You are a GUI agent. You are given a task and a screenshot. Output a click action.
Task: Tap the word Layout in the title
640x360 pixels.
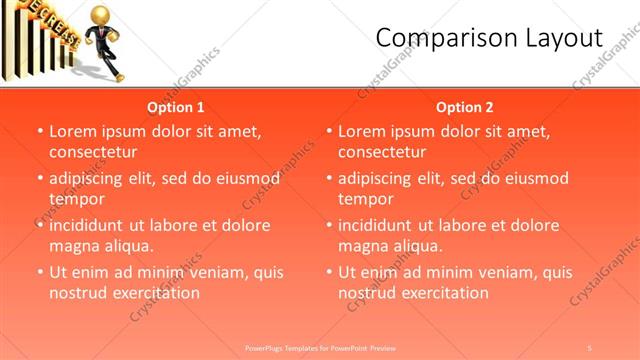[562, 38]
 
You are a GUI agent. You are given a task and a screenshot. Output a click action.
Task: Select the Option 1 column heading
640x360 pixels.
[176, 107]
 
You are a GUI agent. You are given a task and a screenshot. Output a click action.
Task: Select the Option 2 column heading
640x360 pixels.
[465, 107]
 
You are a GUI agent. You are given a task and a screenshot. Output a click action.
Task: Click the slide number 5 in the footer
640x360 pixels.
[590, 347]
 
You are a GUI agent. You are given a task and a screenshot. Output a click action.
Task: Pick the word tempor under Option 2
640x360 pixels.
[365, 199]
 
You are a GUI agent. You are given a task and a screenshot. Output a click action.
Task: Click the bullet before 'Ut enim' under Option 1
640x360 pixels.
[40, 272]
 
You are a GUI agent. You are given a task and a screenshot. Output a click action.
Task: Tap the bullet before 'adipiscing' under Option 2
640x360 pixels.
[329, 179]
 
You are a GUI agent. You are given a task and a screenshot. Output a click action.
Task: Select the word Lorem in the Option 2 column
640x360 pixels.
[361, 131]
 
